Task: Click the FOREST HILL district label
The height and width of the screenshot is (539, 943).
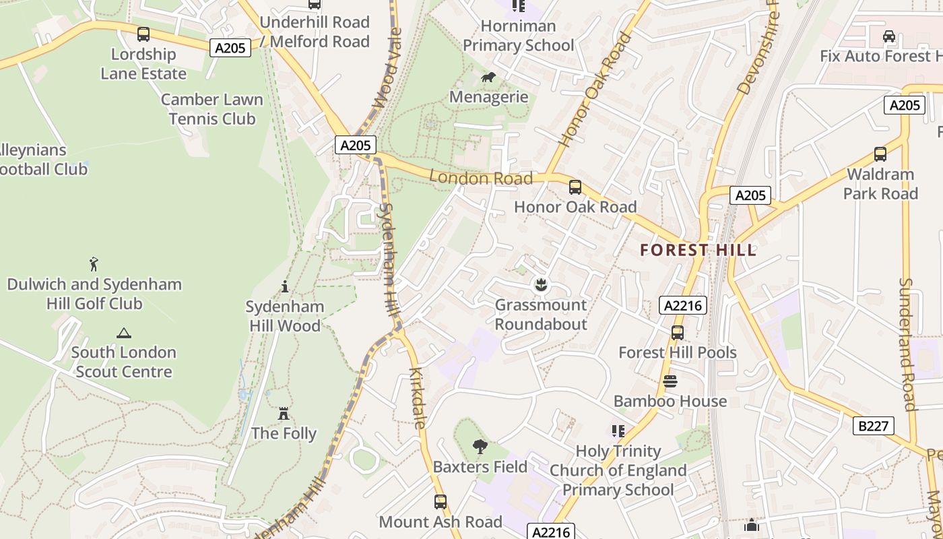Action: click(698, 250)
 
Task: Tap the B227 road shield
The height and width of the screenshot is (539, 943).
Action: click(874, 426)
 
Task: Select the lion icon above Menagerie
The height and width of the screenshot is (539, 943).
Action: click(488, 77)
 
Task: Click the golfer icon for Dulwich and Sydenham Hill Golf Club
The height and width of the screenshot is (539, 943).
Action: click(94, 264)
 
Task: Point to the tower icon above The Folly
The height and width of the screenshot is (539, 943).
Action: click(284, 413)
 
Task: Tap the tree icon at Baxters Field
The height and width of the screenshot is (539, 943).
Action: click(480, 446)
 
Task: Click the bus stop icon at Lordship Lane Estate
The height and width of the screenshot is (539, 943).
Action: click(143, 34)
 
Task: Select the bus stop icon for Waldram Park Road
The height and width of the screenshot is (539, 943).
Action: click(880, 154)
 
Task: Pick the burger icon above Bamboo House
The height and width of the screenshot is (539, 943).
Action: click(670, 381)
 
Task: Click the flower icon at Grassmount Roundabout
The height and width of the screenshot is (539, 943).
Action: click(540, 285)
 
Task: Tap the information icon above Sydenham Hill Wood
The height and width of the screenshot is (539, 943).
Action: click(284, 287)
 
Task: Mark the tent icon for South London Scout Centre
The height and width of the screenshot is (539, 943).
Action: click(123, 333)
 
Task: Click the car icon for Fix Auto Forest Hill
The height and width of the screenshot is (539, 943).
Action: click(888, 36)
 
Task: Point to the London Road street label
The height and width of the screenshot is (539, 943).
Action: click(481, 179)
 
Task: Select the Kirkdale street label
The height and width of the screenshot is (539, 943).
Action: click(418, 398)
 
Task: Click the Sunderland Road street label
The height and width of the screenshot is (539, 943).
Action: click(907, 344)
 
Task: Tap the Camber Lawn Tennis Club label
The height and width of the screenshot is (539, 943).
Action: click(212, 109)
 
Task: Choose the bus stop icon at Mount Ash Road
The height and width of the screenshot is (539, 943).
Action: click(440, 502)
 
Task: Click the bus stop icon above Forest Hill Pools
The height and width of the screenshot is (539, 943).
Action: click(677, 333)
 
